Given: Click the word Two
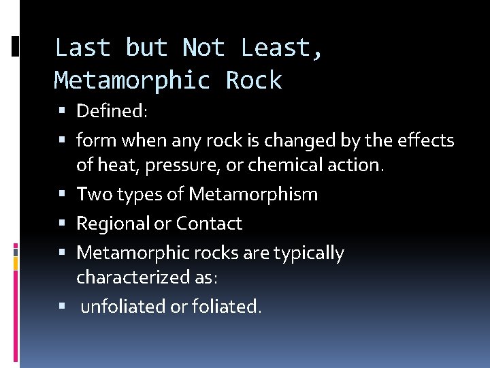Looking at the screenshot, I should [94, 194].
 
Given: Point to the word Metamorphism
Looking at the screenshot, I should [253, 194].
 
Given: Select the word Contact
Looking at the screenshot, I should [209, 224].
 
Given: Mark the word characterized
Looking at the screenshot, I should [133, 277].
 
